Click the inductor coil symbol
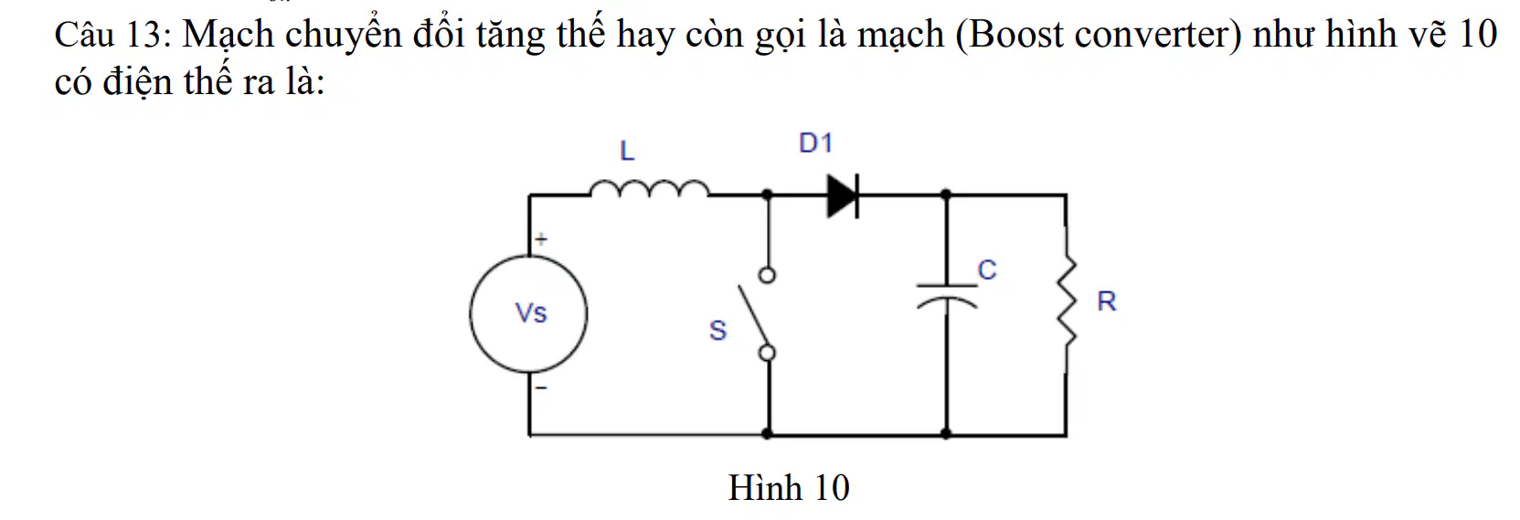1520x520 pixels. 649,185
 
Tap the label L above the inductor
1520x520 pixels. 627,151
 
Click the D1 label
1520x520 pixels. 815,143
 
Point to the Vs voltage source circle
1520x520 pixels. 470,314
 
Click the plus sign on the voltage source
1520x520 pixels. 541,239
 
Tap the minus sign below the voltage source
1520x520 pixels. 541,388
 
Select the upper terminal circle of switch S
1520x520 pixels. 768,275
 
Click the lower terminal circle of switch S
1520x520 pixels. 768,353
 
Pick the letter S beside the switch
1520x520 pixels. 717,331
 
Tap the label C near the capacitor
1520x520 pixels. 987,271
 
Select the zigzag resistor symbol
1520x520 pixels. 1068,301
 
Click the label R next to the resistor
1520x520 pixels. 1107,302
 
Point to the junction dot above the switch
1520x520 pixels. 768,195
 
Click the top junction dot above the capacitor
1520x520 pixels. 947,195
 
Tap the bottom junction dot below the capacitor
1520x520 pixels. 947,433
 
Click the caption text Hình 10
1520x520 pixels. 789,487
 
